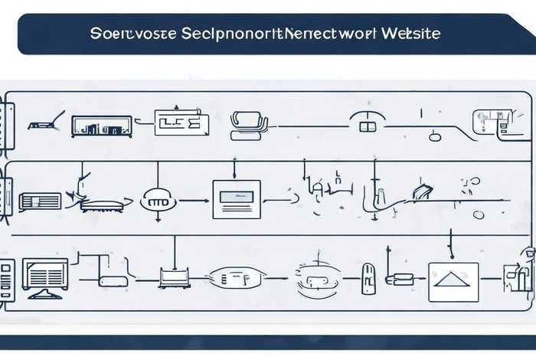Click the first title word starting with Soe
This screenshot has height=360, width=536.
[x=115, y=34]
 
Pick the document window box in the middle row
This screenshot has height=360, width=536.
[x=237, y=199]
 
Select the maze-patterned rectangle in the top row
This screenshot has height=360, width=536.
[x=181, y=122]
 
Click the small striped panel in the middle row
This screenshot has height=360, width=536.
[x=40, y=201]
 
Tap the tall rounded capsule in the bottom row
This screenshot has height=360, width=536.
[x=368, y=277]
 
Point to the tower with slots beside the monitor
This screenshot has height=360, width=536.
[x=7, y=280]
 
